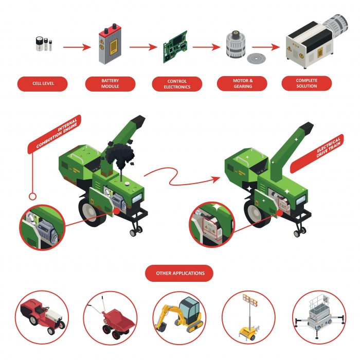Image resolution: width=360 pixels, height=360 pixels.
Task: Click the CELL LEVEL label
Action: [x=43, y=83]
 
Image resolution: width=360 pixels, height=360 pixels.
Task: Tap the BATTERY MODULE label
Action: [x=110, y=83]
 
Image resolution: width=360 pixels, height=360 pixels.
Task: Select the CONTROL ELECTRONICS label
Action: [x=177, y=84]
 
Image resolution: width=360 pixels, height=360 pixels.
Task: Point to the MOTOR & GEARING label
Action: [x=243, y=83]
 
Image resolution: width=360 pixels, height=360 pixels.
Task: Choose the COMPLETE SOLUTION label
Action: [x=307, y=83]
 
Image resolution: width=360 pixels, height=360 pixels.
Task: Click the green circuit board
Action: [x=175, y=47]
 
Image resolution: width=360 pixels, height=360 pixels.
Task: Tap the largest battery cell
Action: [x=39, y=44]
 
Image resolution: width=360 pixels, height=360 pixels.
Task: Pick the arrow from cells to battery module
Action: [x=77, y=47]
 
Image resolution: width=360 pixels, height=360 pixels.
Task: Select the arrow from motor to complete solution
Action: [x=266, y=47]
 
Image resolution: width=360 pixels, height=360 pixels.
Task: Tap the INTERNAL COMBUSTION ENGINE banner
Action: [x=55, y=134]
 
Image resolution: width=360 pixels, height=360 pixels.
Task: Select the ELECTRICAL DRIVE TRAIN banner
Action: [x=317, y=153]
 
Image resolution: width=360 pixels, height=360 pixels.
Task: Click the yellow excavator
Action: [x=179, y=315]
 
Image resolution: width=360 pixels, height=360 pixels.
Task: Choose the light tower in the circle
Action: [x=249, y=317]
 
